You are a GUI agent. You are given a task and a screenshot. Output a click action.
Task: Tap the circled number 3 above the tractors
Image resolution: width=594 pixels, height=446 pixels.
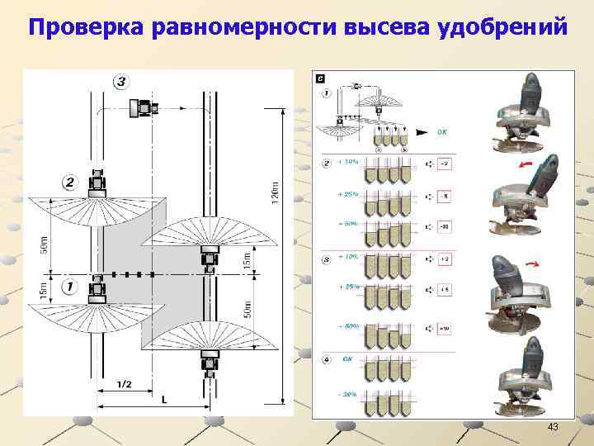click(120, 81)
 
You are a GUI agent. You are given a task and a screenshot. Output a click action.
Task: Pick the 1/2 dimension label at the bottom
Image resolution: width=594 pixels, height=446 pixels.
click(124, 383)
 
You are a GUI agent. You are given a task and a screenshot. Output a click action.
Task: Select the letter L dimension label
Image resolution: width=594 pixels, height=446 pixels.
click(164, 400)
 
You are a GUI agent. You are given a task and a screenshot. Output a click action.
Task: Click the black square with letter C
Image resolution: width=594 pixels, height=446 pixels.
click(320, 78)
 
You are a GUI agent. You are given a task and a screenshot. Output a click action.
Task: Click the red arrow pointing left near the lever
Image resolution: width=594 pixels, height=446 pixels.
click(522, 164)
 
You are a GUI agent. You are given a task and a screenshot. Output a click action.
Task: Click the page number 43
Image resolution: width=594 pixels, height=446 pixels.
click(553, 427)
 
